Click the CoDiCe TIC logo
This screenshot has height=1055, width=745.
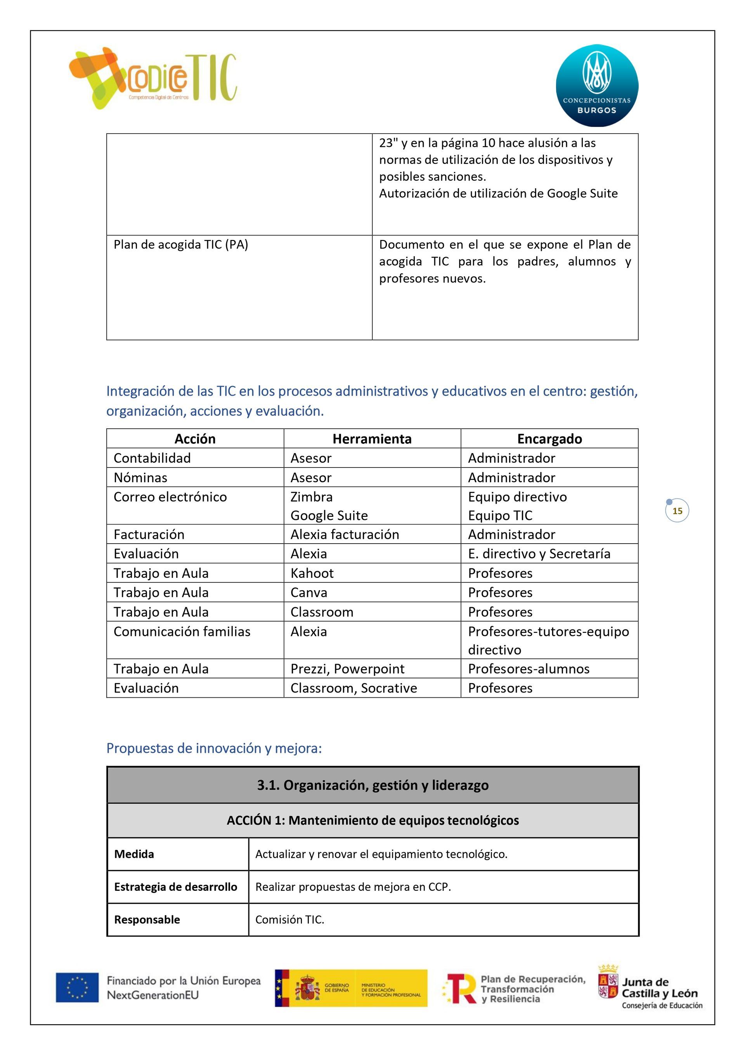click(152, 78)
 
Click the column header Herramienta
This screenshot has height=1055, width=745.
click(372, 439)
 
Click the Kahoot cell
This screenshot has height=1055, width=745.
click(312, 573)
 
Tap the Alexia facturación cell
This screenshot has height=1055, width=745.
click(345, 534)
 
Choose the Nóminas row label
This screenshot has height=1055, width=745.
click(140, 478)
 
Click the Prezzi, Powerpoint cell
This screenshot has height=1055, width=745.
click(347, 669)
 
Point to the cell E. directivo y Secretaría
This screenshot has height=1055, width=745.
click(539, 554)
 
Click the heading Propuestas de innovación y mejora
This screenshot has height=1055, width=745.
click(214, 748)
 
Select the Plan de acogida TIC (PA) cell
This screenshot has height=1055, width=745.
click(181, 245)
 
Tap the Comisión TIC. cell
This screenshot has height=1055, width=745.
click(290, 919)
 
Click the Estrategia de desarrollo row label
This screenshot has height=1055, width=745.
click(175, 887)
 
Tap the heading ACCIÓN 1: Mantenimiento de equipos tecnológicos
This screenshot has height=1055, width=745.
click(372, 820)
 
